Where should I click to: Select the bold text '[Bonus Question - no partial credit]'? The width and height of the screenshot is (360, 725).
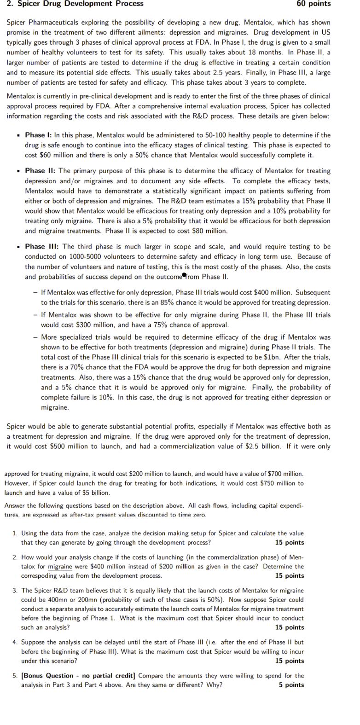pyautogui.click(x=78, y=676)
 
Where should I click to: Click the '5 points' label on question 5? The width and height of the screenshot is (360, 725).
pyautogui.click(x=291, y=685)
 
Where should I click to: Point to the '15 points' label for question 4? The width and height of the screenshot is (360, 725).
pyautogui.click(x=290, y=661)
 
